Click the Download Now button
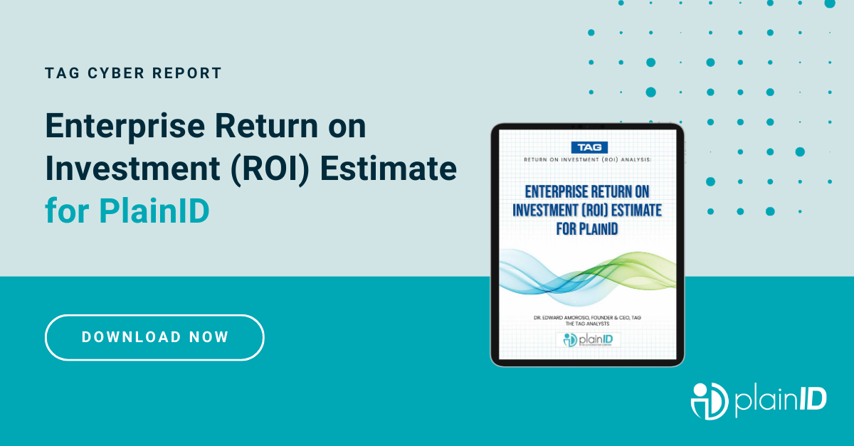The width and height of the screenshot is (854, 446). [154, 337]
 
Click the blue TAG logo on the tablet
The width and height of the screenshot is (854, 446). [587, 147]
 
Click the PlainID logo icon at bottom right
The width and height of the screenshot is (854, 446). [708, 400]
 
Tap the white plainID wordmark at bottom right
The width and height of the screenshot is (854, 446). [781, 400]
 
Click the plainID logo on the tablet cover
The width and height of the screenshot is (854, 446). [587, 340]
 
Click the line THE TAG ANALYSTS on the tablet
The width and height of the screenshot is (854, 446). [587, 324]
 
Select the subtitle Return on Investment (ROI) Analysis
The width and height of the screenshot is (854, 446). [587, 160]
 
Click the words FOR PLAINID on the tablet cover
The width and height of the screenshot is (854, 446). [587, 228]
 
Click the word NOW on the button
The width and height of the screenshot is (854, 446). [209, 337]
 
